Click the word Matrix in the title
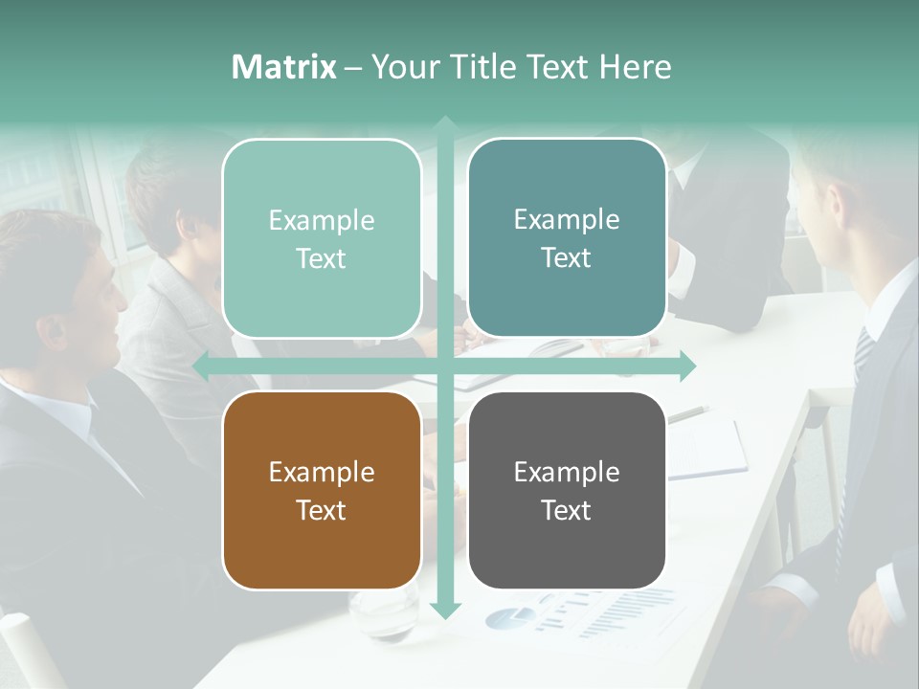(x=283, y=67)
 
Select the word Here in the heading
(x=636, y=67)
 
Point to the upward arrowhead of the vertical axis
(x=445, y=123)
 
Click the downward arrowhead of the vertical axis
(x=445, y=610)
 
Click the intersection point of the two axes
(x=445, y=366)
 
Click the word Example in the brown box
(x=322, y=472)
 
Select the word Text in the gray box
(x=567, y=510)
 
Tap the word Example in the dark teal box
(x=567, y=219)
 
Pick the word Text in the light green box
(x=322, y=258)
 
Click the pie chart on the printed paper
(x=508, y=617)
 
